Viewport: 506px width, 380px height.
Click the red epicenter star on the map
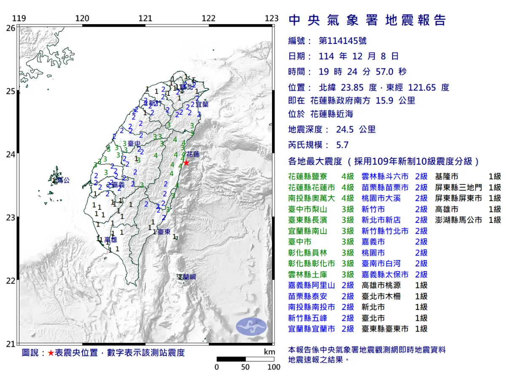click(x=186, y=163)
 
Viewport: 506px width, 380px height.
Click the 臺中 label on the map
click(x=134, y=144)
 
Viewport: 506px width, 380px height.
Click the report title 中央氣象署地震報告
click(x=367, y=20)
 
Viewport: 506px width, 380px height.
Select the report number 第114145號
click(x=342, y=41)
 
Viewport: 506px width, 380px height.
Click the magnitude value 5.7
click(x=342, y=145)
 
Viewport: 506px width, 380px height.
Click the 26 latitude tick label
click(x=11, y=28)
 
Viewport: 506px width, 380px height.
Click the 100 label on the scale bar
click(x=274, y=367)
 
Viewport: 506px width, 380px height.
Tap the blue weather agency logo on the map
click(x=251, y=327)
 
